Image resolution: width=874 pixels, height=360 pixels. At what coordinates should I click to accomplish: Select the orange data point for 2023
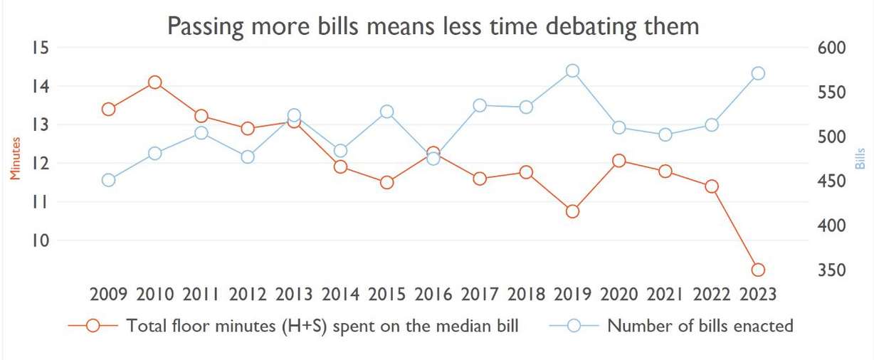[x=758, y=270]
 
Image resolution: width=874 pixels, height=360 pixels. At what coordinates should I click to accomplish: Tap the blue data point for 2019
[x=572, y=70]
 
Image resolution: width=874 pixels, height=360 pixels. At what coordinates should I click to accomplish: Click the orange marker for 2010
[x=154, y=83]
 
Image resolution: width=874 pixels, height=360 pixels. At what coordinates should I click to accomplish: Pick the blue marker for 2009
[x=108, y=180]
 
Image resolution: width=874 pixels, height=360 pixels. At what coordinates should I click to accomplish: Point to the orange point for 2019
[x=572, y=211]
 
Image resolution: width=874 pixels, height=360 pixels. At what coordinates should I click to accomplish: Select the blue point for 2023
[x=758, y=73]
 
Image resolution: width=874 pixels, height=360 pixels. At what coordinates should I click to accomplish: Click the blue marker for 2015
[x=386, y=112]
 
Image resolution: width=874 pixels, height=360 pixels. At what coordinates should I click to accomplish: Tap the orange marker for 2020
[x=619, y=161]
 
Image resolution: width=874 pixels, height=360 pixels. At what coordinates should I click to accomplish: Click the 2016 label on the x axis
[x=433, y=294]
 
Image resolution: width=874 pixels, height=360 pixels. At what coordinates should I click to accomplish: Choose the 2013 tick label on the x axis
[x=294, y=294]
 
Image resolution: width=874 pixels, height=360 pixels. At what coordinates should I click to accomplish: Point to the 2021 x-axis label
[x=665, y=294]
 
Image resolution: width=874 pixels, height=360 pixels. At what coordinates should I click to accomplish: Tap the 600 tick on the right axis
[x=829, y=48]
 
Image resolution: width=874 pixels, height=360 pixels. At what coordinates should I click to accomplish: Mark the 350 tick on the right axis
[x=829, y=270]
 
